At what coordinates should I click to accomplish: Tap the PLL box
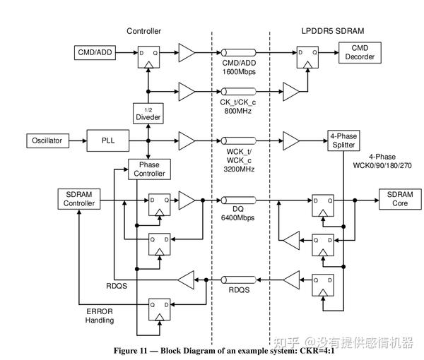coord(107,140)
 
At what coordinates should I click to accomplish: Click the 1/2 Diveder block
coord(148,113)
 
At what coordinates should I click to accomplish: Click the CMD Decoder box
coord(360,52)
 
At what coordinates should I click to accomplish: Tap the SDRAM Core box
coord(399,200)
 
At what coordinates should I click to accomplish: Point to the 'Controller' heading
coord(143,31)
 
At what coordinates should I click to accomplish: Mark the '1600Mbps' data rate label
coord(238,71)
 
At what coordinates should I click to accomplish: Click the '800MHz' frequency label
coord(238,109)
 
